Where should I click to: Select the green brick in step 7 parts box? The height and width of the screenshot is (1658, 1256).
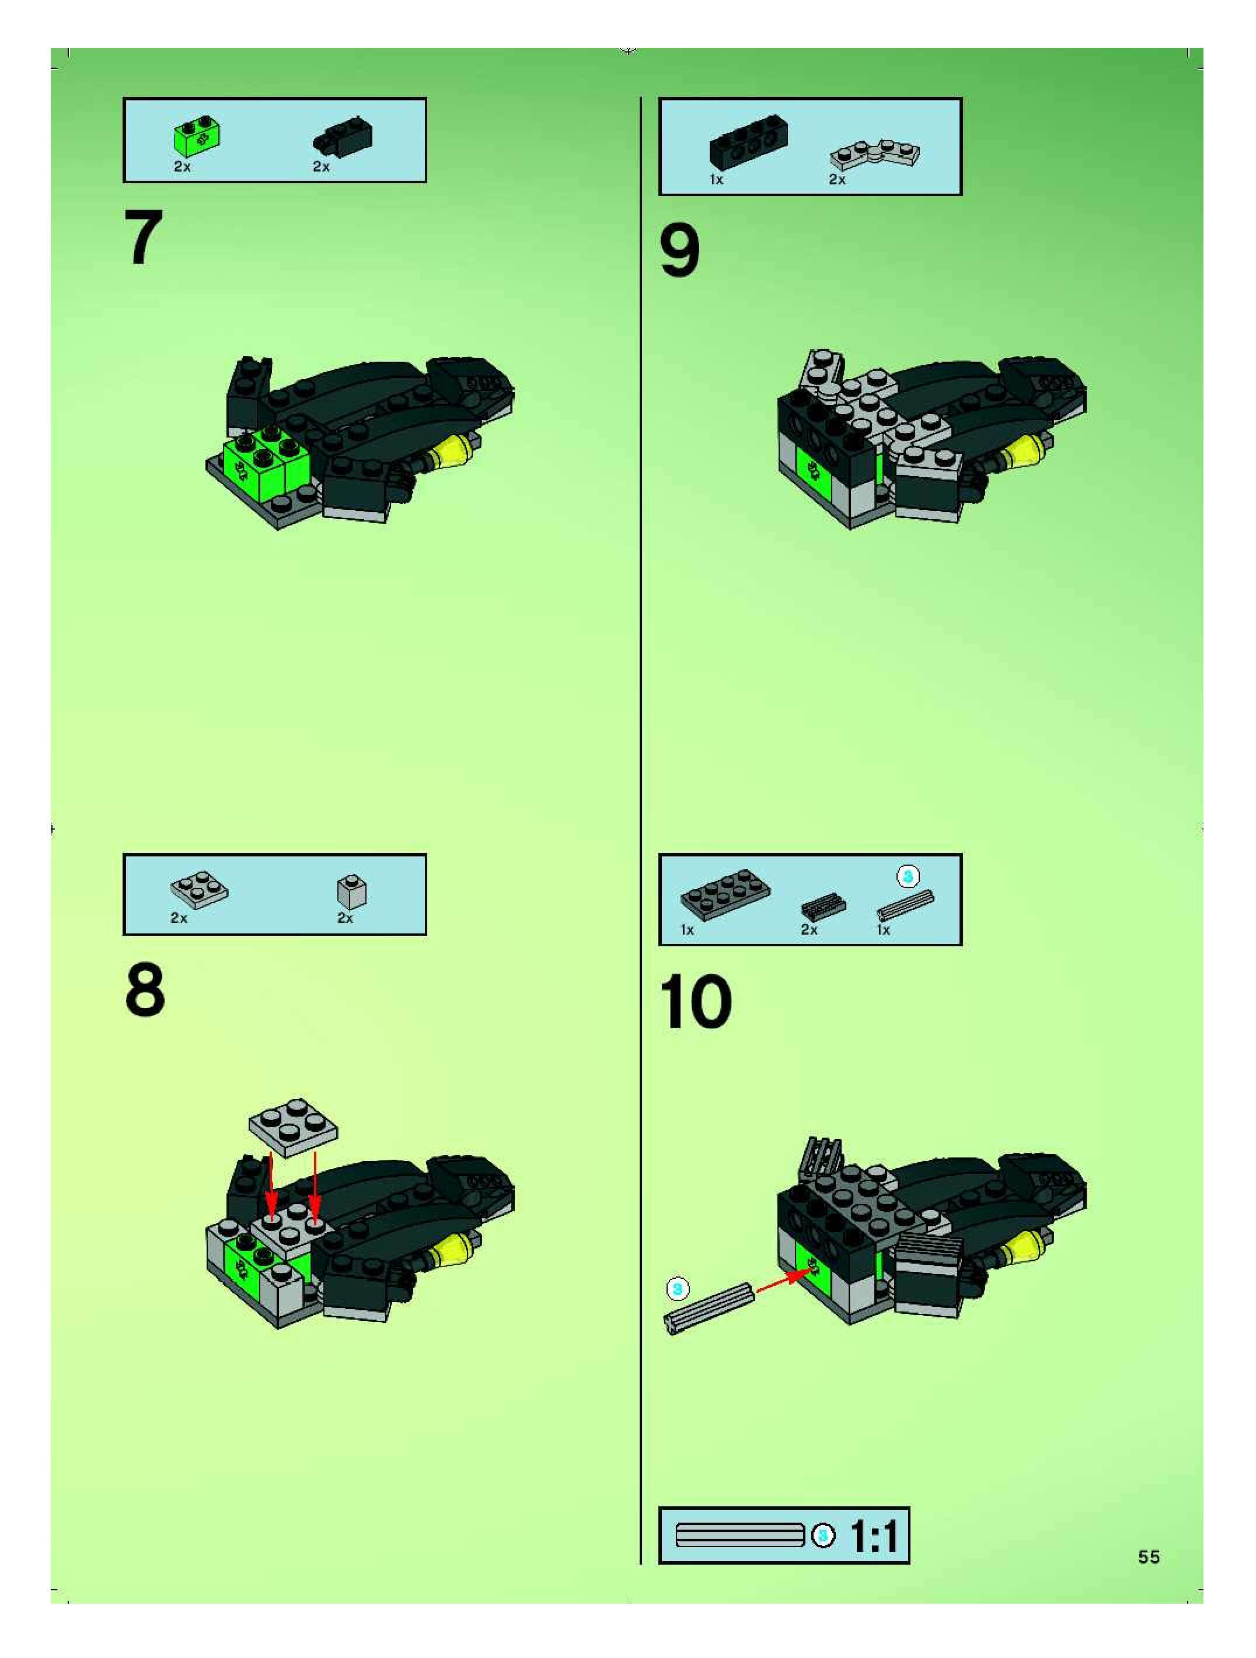tap(197, 137)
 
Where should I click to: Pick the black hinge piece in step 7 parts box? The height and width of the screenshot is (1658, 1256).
tap(343, 137)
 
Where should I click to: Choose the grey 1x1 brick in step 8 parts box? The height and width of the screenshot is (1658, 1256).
tap(352, 891)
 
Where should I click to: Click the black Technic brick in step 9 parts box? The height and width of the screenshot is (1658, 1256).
tap(748, 140)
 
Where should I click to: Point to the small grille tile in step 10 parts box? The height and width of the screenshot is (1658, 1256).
tap(822, 906)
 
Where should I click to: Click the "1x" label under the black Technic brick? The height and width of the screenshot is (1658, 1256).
tap(716, 179)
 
